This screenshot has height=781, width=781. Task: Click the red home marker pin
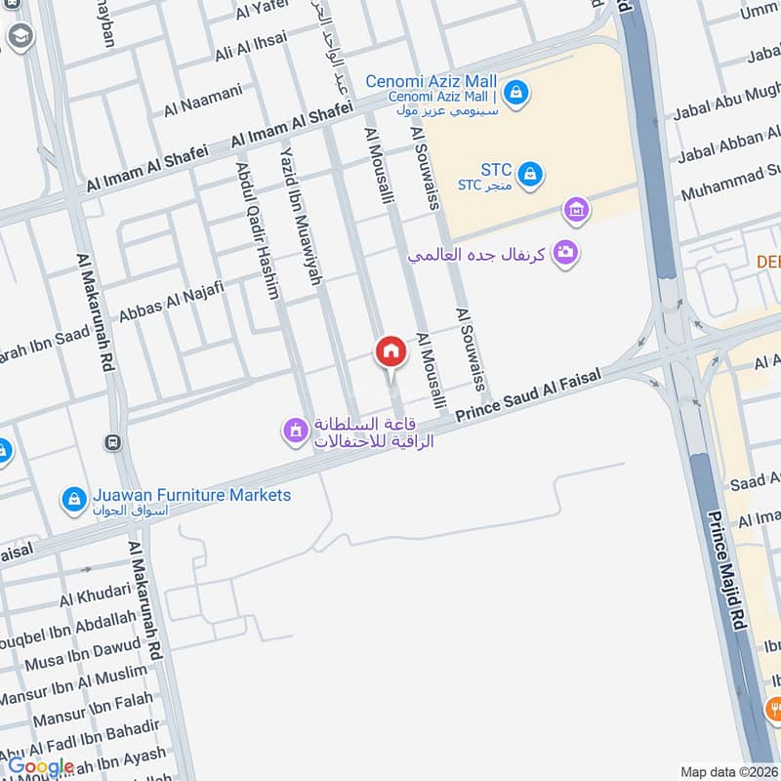[x=390, y=350]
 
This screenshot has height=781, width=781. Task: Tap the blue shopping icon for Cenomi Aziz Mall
[x=517, y=94]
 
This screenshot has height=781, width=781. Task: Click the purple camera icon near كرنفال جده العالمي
[x=564, y=253]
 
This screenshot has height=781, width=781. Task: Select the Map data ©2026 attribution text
[x=728, y=771]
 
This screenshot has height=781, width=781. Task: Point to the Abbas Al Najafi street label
[x=172, y=302]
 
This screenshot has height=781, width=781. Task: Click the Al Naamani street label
[x=203, y=101]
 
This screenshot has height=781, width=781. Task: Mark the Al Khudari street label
[x=95, y=593]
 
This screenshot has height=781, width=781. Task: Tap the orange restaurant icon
[x=772, y=706]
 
